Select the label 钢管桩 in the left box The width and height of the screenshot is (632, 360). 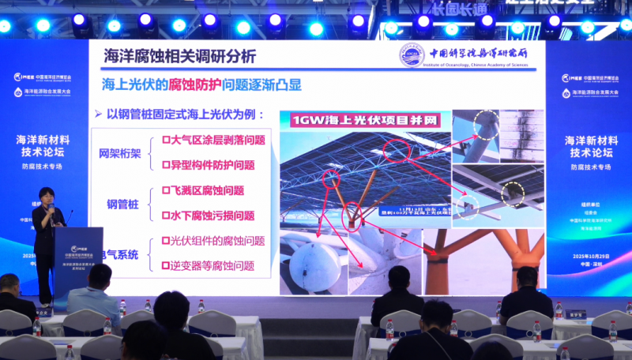(122, 204)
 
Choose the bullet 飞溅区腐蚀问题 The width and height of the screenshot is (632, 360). (201, 190)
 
